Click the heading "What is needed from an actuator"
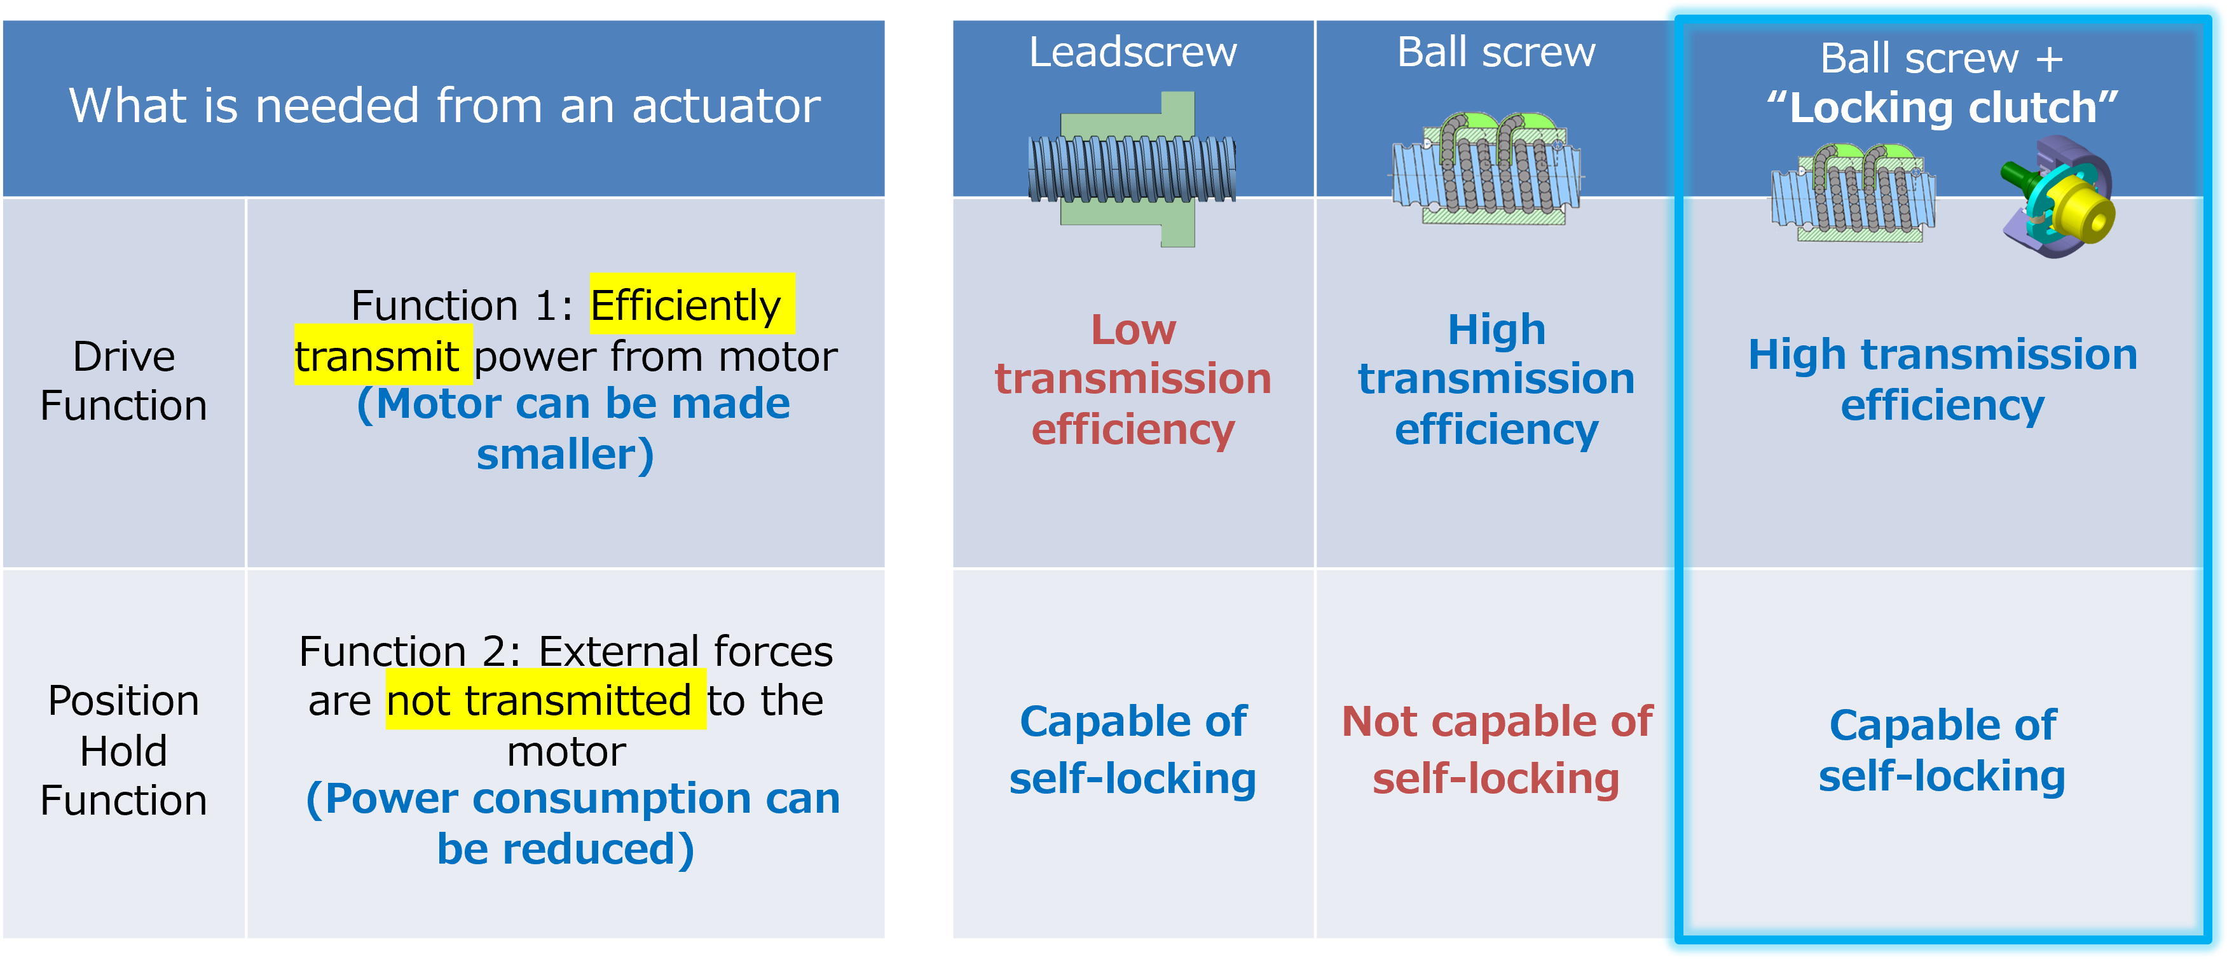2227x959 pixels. pyautogui.click(x=444, y=106)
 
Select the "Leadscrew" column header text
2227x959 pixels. pyautogui.click(x=1132, y=52)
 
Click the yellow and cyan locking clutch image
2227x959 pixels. pyautogui.click(x=2057, y=197)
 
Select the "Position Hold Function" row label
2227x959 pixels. pyautogui.click(x=123, y=750)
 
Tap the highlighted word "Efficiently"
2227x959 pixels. pyautogui.click(x=685, y=305)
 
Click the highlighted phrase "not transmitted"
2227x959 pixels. pyautogui.click(x=538, y=700)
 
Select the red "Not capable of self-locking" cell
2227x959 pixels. pyautogui.click(x=1497, y=750)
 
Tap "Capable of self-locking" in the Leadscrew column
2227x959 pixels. pyautogui.click(x=1132, y=750)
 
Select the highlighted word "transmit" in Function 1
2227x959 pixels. pyautogui.click(x=377, y=356)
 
